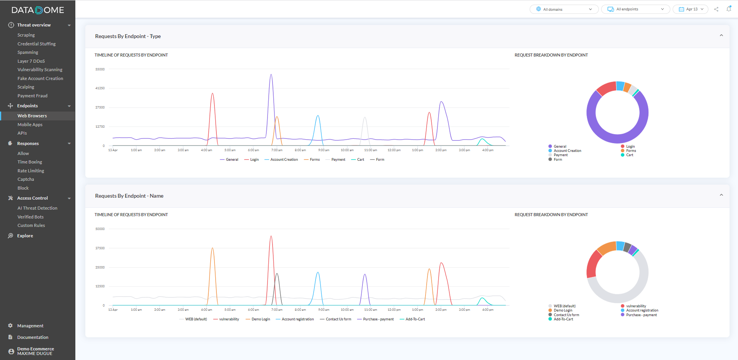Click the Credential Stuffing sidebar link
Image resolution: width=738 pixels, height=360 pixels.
[x=37, y=44]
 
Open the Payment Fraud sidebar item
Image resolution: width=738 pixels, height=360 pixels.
[x=32, y=96]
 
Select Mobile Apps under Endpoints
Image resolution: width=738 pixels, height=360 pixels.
[x=30, y=125]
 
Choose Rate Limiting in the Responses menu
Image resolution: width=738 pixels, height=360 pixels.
[x=31, y=171]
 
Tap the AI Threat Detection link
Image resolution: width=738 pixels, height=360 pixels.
[x=37, y=208]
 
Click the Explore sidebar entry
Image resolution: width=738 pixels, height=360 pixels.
[x=25, y=236]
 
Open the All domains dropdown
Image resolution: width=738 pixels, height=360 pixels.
[x=564, y=9]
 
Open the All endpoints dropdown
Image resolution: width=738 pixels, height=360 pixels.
[x=635, y=9]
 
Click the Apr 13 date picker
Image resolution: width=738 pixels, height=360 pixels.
[x=690, y=9]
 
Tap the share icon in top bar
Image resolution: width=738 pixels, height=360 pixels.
[x=716, y=9]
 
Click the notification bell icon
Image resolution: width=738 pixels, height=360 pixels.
[x=729, y=9]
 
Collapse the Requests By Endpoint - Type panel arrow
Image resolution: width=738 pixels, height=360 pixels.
[x=721, y=36]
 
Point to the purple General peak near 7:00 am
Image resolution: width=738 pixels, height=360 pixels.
[x=271, y=75]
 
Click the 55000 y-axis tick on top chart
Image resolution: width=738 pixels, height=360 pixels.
[x=100, y=69]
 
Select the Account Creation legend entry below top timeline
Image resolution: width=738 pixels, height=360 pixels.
[x=284, y=160]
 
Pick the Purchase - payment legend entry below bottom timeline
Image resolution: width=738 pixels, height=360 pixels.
[x=378, y=319]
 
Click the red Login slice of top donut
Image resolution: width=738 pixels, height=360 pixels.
[x=605, y=88]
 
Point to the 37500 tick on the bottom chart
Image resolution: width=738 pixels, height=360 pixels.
[x=100, y=248]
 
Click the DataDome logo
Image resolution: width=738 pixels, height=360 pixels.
[x=38, y=10]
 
